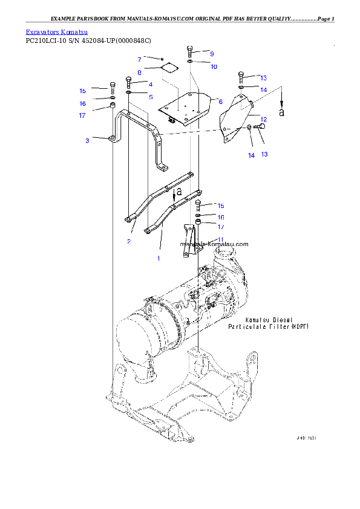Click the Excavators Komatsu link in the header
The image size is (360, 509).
57,31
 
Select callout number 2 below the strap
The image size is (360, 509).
129,241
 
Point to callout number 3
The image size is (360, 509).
87,140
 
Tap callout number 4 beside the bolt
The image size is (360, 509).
151,85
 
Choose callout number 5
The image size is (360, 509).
151,97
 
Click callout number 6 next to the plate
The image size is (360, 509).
221,102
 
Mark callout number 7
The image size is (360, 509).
139,60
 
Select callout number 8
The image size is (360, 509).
139,72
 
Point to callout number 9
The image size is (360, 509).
212,54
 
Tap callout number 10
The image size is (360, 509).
214,66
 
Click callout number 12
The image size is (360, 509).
264,119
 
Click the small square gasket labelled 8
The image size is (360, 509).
169,68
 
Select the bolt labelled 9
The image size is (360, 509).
190,50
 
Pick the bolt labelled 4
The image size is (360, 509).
128,82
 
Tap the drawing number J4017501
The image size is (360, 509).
307,438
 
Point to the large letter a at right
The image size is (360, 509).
281,112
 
